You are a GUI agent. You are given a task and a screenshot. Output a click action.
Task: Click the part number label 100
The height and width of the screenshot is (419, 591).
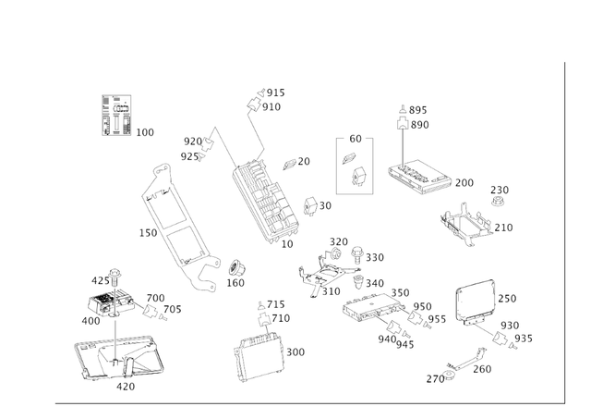tap(145, 132)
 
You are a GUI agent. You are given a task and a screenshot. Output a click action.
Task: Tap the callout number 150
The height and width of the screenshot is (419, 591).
tap(148, 233)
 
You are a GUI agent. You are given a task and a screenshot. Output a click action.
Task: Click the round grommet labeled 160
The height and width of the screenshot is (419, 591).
tap(236, 267)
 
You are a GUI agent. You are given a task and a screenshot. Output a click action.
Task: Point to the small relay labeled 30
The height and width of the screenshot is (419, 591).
tap(312, 205)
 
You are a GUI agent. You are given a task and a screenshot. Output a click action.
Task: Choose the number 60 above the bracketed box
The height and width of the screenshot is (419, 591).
tap(356, 139)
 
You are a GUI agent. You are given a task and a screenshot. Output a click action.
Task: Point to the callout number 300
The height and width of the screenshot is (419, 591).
tap(295, 352)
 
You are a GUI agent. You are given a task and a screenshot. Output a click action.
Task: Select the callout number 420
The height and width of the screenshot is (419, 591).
tap(126, 387)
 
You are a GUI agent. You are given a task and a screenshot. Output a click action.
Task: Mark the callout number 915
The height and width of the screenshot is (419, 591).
tap(276, 92)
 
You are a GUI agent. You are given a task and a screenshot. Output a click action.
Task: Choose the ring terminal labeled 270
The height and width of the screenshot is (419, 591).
tap(450, 376)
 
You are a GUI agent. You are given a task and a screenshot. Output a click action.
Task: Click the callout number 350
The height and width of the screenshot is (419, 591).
tap(400, 293)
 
